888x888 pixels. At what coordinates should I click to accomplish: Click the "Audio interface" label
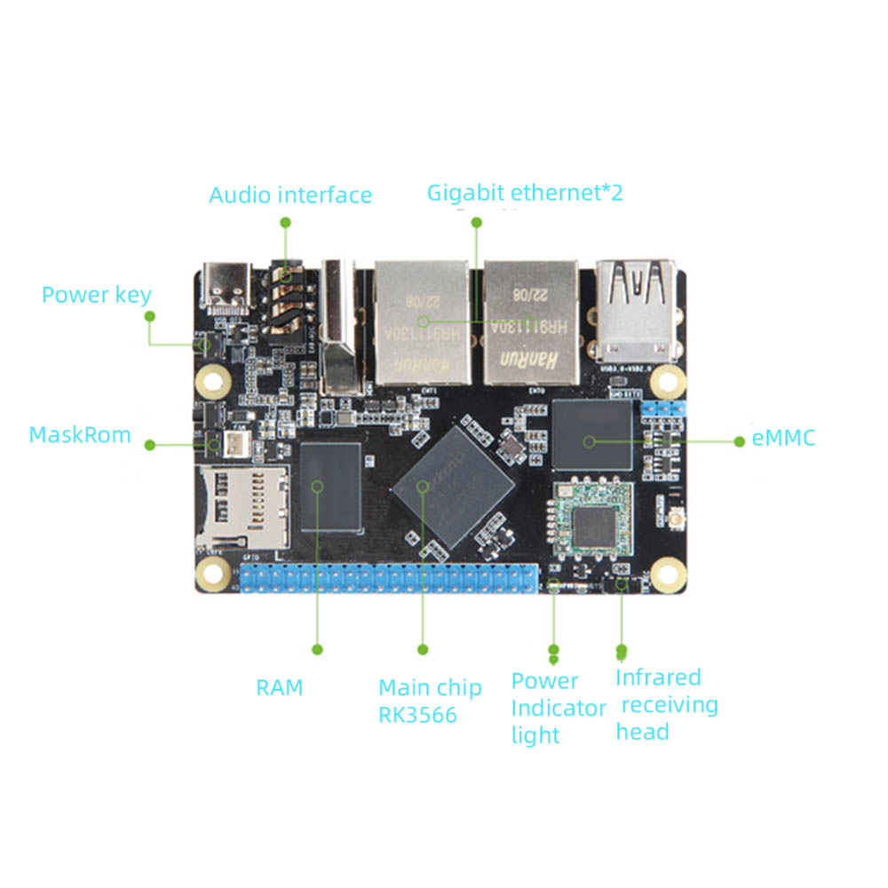click(x=290, y=194)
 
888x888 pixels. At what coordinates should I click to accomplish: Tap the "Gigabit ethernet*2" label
click(x=525, y=192)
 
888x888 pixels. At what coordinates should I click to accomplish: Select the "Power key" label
click(x=96, y=295)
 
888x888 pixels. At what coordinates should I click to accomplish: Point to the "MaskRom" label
click(x=80, y=435)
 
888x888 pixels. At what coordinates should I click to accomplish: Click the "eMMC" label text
click(x=783, y=438)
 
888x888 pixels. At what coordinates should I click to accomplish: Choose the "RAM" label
click(x=280, y=687)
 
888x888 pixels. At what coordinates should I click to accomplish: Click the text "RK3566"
click(x=417, y=715)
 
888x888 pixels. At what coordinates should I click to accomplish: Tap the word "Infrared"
click(x=658, y=678)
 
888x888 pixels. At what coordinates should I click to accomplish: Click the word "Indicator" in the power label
click(x=559, y=709)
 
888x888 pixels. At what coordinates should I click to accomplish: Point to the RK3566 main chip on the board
click(x=455, y=486)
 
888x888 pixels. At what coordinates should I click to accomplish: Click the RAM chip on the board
click(x=331, y=487)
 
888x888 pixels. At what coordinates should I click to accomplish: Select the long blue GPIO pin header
click(x=390, y=578)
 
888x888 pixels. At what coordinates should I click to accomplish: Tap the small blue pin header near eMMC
click(x=662, y=408)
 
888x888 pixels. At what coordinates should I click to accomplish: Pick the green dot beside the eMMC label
click(x=740, y=440)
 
